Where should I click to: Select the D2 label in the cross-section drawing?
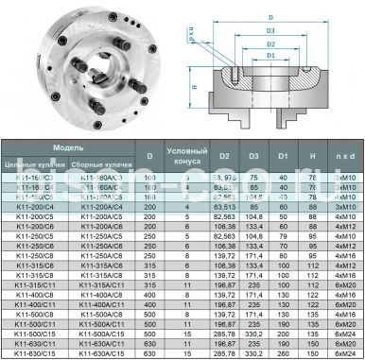pos(271,43)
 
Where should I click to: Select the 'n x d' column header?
pos(343,154)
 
